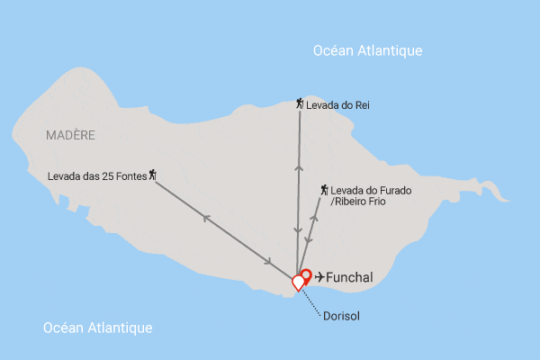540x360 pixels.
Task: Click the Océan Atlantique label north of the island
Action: (x=367, y=51)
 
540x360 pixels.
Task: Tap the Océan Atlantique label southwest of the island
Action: (x=98, y=328)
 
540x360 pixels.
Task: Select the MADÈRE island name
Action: (x=69, y=135)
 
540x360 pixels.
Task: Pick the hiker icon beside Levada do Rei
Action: (x=300, y=104)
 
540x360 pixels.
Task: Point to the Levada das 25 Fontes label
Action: (x=96, y=175)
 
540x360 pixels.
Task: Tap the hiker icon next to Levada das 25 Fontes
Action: (x=152, y=174)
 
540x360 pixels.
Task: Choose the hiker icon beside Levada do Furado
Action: (x=325, y=190)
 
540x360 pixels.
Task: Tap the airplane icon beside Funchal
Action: (x=319, y=277)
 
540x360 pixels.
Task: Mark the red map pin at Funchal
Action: (x=305, y=276)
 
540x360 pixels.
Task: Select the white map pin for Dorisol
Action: (x=298, y=283)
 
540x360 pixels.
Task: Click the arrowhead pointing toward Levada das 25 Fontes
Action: (x=206, y=217)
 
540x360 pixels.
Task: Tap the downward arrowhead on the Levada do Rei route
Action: (x=298, y=234)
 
